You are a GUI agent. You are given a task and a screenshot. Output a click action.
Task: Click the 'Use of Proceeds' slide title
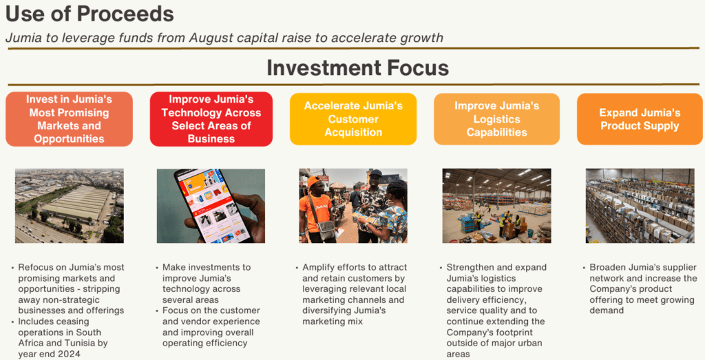click(x=90, y=14)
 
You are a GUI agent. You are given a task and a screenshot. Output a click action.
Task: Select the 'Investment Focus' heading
click(x=357, y=68)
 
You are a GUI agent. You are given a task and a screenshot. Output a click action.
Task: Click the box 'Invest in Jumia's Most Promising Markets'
click(x=70, y=119)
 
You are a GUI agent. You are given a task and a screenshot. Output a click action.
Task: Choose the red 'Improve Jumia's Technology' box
click(x=211, y=119)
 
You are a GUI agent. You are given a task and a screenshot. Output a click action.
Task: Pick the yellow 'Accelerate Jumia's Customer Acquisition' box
click(x=353, y=119)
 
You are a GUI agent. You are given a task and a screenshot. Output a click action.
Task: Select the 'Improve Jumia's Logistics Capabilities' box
click(x=497, y=119)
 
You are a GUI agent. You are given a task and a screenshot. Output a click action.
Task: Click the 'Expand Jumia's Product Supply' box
click(x=640, y=119)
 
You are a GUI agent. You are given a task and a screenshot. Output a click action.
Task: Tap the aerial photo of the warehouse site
click(x=70, y=206)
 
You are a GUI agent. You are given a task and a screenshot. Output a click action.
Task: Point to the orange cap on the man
click(x=314, y=180)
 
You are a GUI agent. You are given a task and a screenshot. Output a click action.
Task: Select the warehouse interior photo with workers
click(x=497, y=206)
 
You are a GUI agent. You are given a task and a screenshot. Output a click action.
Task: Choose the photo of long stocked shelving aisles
click(x=640, y=206)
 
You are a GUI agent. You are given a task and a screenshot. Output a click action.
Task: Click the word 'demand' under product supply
click(x=607, y=311)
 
